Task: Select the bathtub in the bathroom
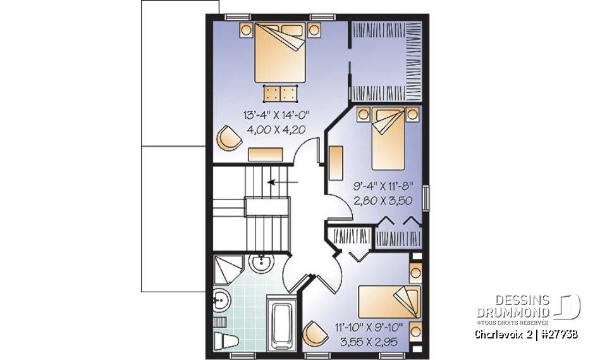pyautogui.click(x=281, y=323)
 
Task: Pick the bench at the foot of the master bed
pyautogui.click(x=281, y=92)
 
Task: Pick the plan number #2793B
pyautogui.click(x=558, y=333)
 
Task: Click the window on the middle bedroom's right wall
pyautogui.click(x=426, y=198)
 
